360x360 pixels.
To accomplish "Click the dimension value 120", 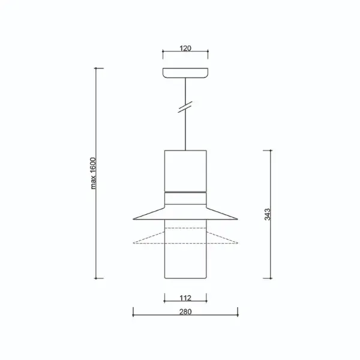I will [185, 49].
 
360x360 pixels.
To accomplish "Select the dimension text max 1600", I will [94, 173].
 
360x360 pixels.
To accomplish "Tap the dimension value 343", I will [267, 214].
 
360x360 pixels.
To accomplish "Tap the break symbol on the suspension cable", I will [186, 107].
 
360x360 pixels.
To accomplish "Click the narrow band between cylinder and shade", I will [185, 193].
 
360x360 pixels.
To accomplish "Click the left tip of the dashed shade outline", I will [133, 243].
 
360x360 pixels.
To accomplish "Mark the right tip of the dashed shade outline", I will [238, 243].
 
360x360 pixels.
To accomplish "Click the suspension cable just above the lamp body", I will [186, 138].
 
